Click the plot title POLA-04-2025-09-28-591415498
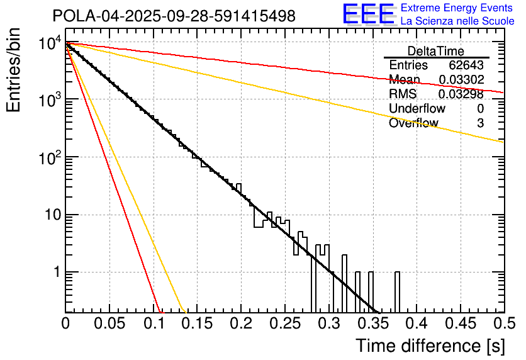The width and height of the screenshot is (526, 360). [x=174, y=16]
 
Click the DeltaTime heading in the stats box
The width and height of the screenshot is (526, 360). [x=435, y=51]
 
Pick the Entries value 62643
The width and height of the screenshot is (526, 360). [x=466, y=65]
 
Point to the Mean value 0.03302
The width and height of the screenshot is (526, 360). [x=461, y=80]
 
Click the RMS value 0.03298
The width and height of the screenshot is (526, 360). [x=461, y=94]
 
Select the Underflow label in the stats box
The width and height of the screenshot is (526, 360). [x=417, y=109]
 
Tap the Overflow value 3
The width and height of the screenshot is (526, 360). [x=480, y=123]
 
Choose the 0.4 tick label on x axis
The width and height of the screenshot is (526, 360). [x=416, y=324]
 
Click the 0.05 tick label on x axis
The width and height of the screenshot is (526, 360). [x=109, y=324]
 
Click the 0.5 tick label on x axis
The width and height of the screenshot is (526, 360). [x=503, y=324]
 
